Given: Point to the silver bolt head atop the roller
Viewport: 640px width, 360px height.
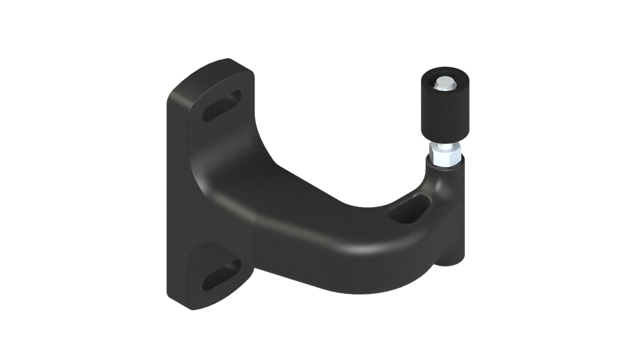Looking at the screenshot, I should (445, 84).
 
